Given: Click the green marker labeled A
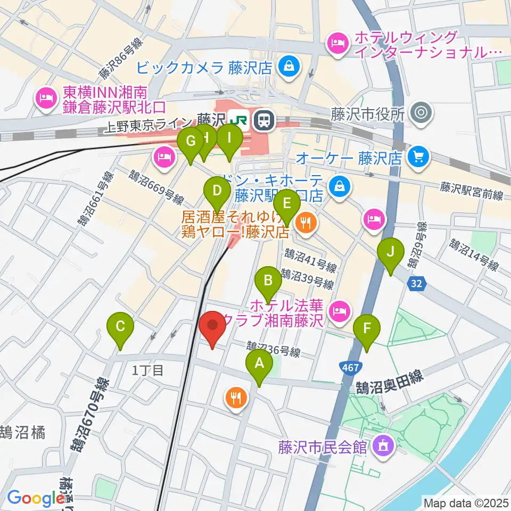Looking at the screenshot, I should point(259,364).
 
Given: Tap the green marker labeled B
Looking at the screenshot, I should point(268,280).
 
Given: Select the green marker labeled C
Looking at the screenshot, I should point(120,326).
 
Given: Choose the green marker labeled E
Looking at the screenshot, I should point(287,203).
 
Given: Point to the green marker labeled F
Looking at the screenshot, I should point(367,329).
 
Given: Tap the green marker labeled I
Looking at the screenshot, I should point(229,139).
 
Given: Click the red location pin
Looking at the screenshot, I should point(213,326).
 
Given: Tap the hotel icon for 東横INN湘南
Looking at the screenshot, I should point(45,97).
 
